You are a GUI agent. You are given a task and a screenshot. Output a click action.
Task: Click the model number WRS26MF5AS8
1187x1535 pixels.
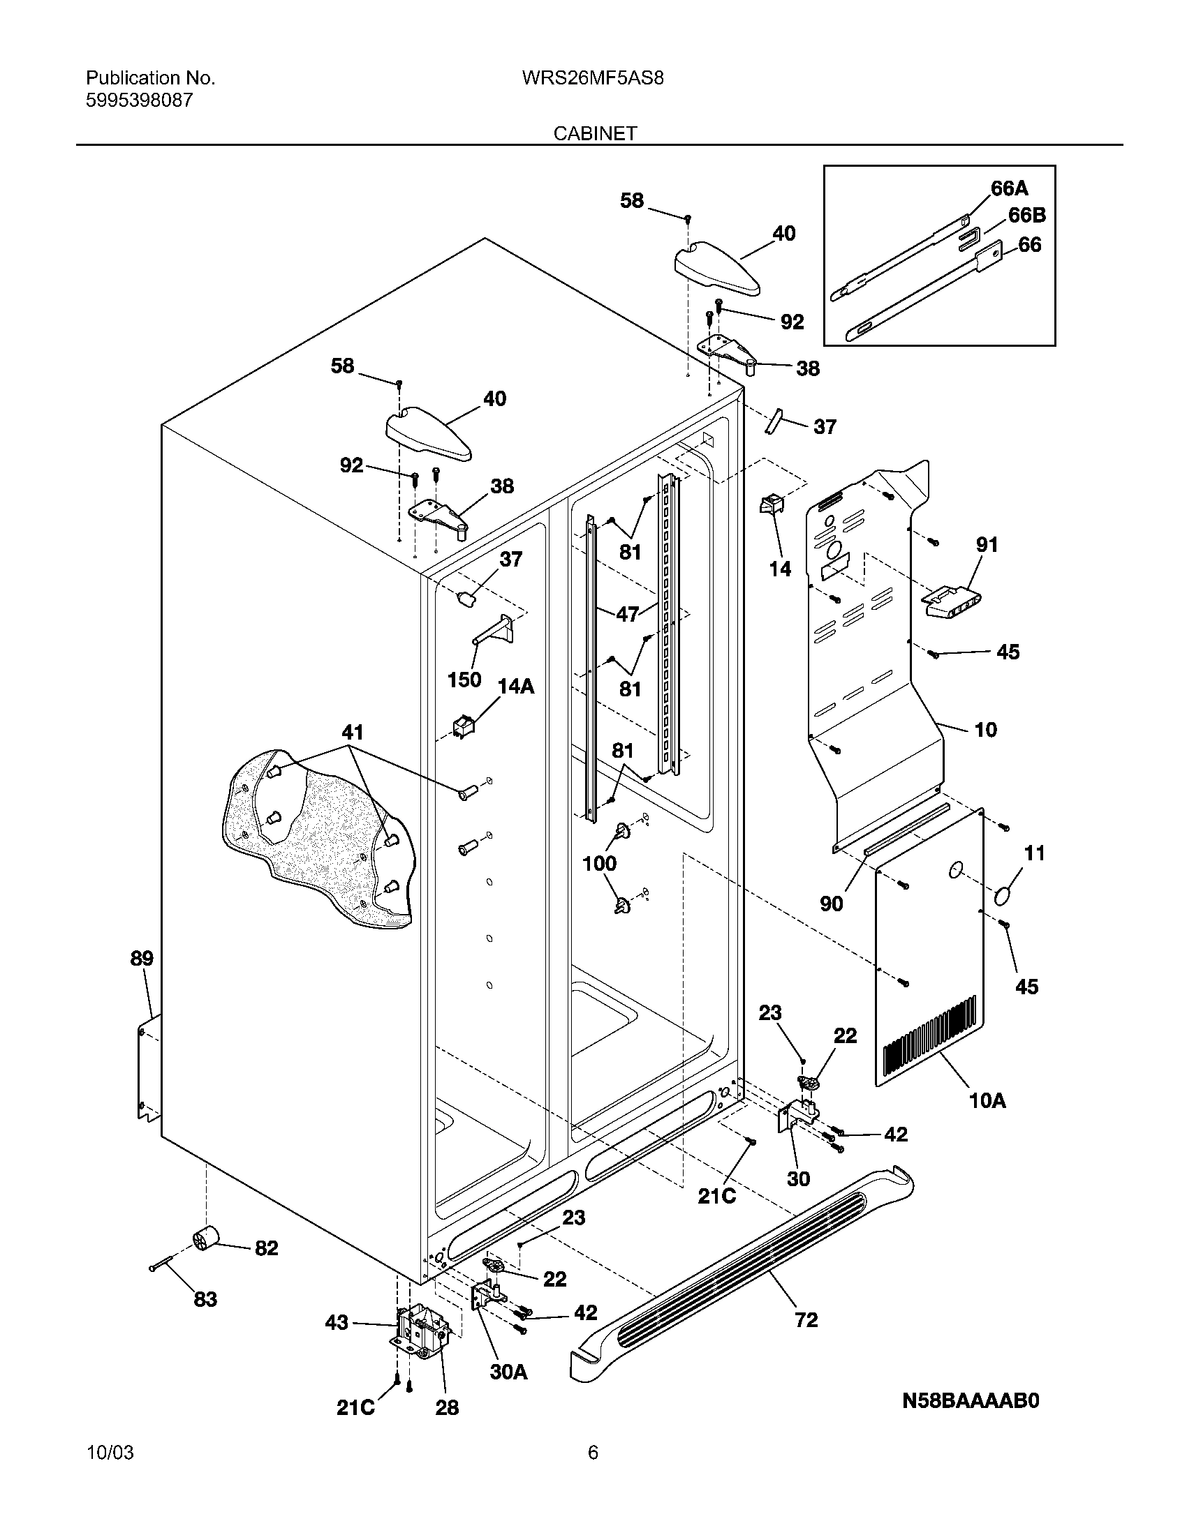pyautogui.click(x=592, y=78)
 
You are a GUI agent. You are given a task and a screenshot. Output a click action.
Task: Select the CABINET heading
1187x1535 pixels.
pyautogui.click(x=595, y=133)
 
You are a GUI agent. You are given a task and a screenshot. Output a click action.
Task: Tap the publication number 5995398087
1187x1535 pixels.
pyautogui.click(x=139, y=100)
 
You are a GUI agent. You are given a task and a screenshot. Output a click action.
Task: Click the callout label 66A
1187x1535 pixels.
pyautogui.click(x=1009, y=188)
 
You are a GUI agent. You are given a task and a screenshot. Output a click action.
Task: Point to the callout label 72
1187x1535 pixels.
pyautogui.click(x=806, y=1320)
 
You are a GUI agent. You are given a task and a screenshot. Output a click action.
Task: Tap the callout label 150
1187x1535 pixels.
pyautogui.click(x=464, y=680)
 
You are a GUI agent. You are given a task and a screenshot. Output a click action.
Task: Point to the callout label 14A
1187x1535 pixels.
pyautogui.click(x=516, y=687)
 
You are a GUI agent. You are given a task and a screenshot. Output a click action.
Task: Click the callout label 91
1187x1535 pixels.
pyautogui.click(x=987, y=544)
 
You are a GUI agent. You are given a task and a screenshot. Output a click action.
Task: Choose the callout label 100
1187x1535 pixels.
pyautogui.click(x=599, y=863)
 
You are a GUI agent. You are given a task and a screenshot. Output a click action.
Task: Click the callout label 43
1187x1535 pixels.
pyautogui.click(x=336, y=1322)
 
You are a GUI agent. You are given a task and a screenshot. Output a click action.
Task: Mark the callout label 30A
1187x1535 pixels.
pyautogui.click(x=508, y=1371)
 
